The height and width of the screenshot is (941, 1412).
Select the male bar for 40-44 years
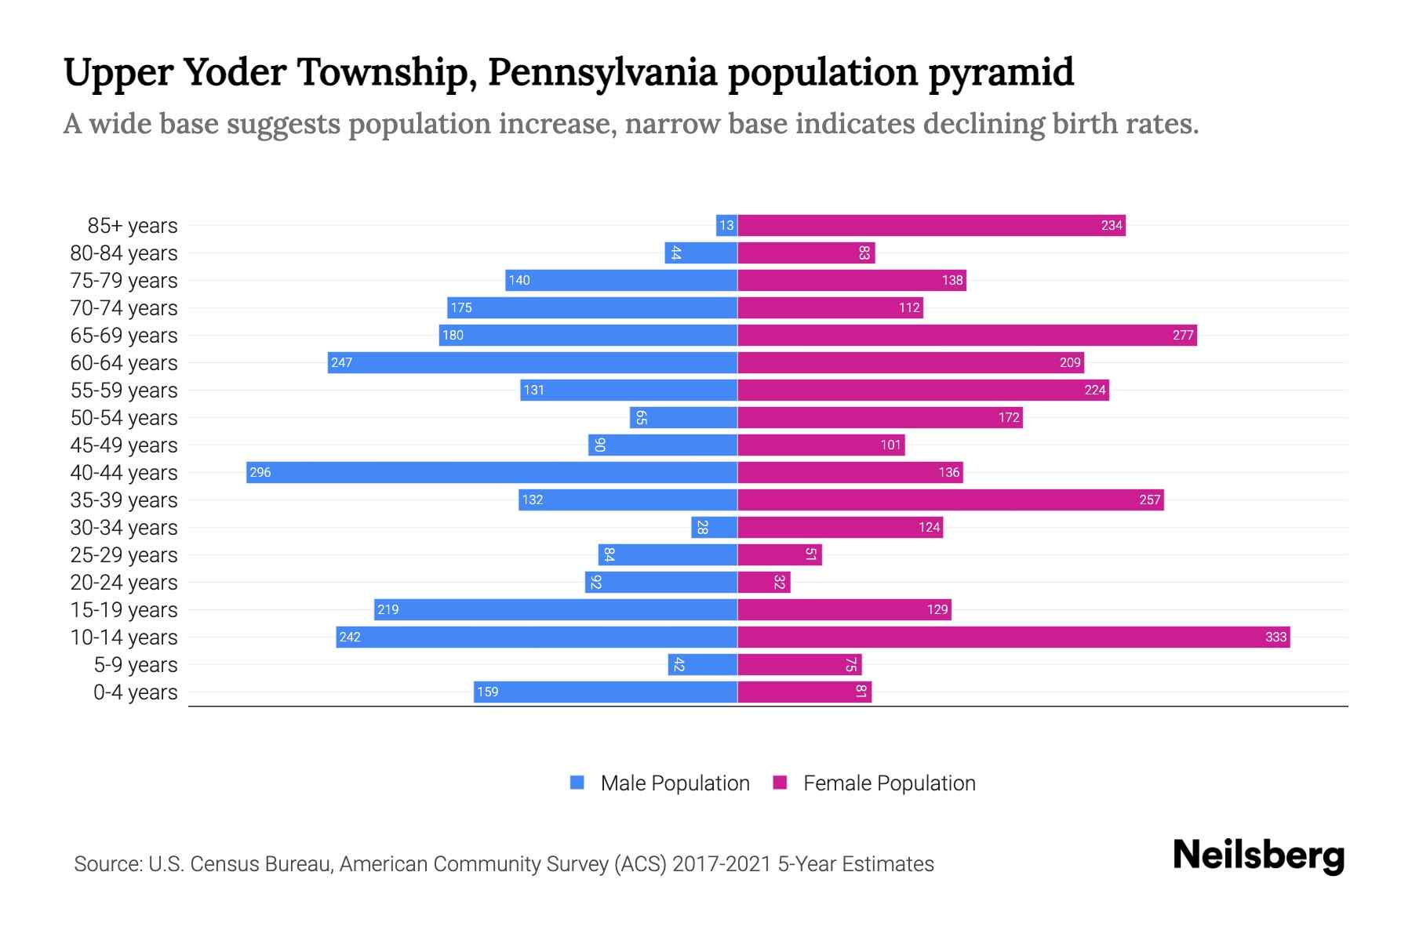(x=492, y=473)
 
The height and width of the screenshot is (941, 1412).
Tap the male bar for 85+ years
(x=726, y=226)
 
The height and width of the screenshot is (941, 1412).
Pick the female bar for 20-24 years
(x=763, y=583)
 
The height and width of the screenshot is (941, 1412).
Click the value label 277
(x=1183, y=336)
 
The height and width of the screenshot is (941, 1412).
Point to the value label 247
(x=341, y=363)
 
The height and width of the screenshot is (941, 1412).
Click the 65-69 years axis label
(x=124, y=336)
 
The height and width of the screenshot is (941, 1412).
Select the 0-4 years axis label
(x=135, y=692)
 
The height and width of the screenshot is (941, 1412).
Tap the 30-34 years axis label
(x=124, y=528)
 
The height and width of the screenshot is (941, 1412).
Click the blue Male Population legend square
(x=577, y=783)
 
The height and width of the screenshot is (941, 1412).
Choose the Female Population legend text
(x=889, y=783)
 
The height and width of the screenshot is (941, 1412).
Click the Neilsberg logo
(x=1258, y=856)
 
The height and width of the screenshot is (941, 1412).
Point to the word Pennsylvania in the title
(x=602, y=72)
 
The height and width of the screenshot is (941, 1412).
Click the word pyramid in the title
(x=1001, y=72)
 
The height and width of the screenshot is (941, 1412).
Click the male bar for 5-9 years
(x=702, y=665)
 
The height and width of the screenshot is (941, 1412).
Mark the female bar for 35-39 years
(x=950, y=500)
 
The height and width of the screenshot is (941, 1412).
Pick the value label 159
(x=487, y=692)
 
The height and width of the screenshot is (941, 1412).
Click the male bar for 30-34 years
(x=714, y=528)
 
